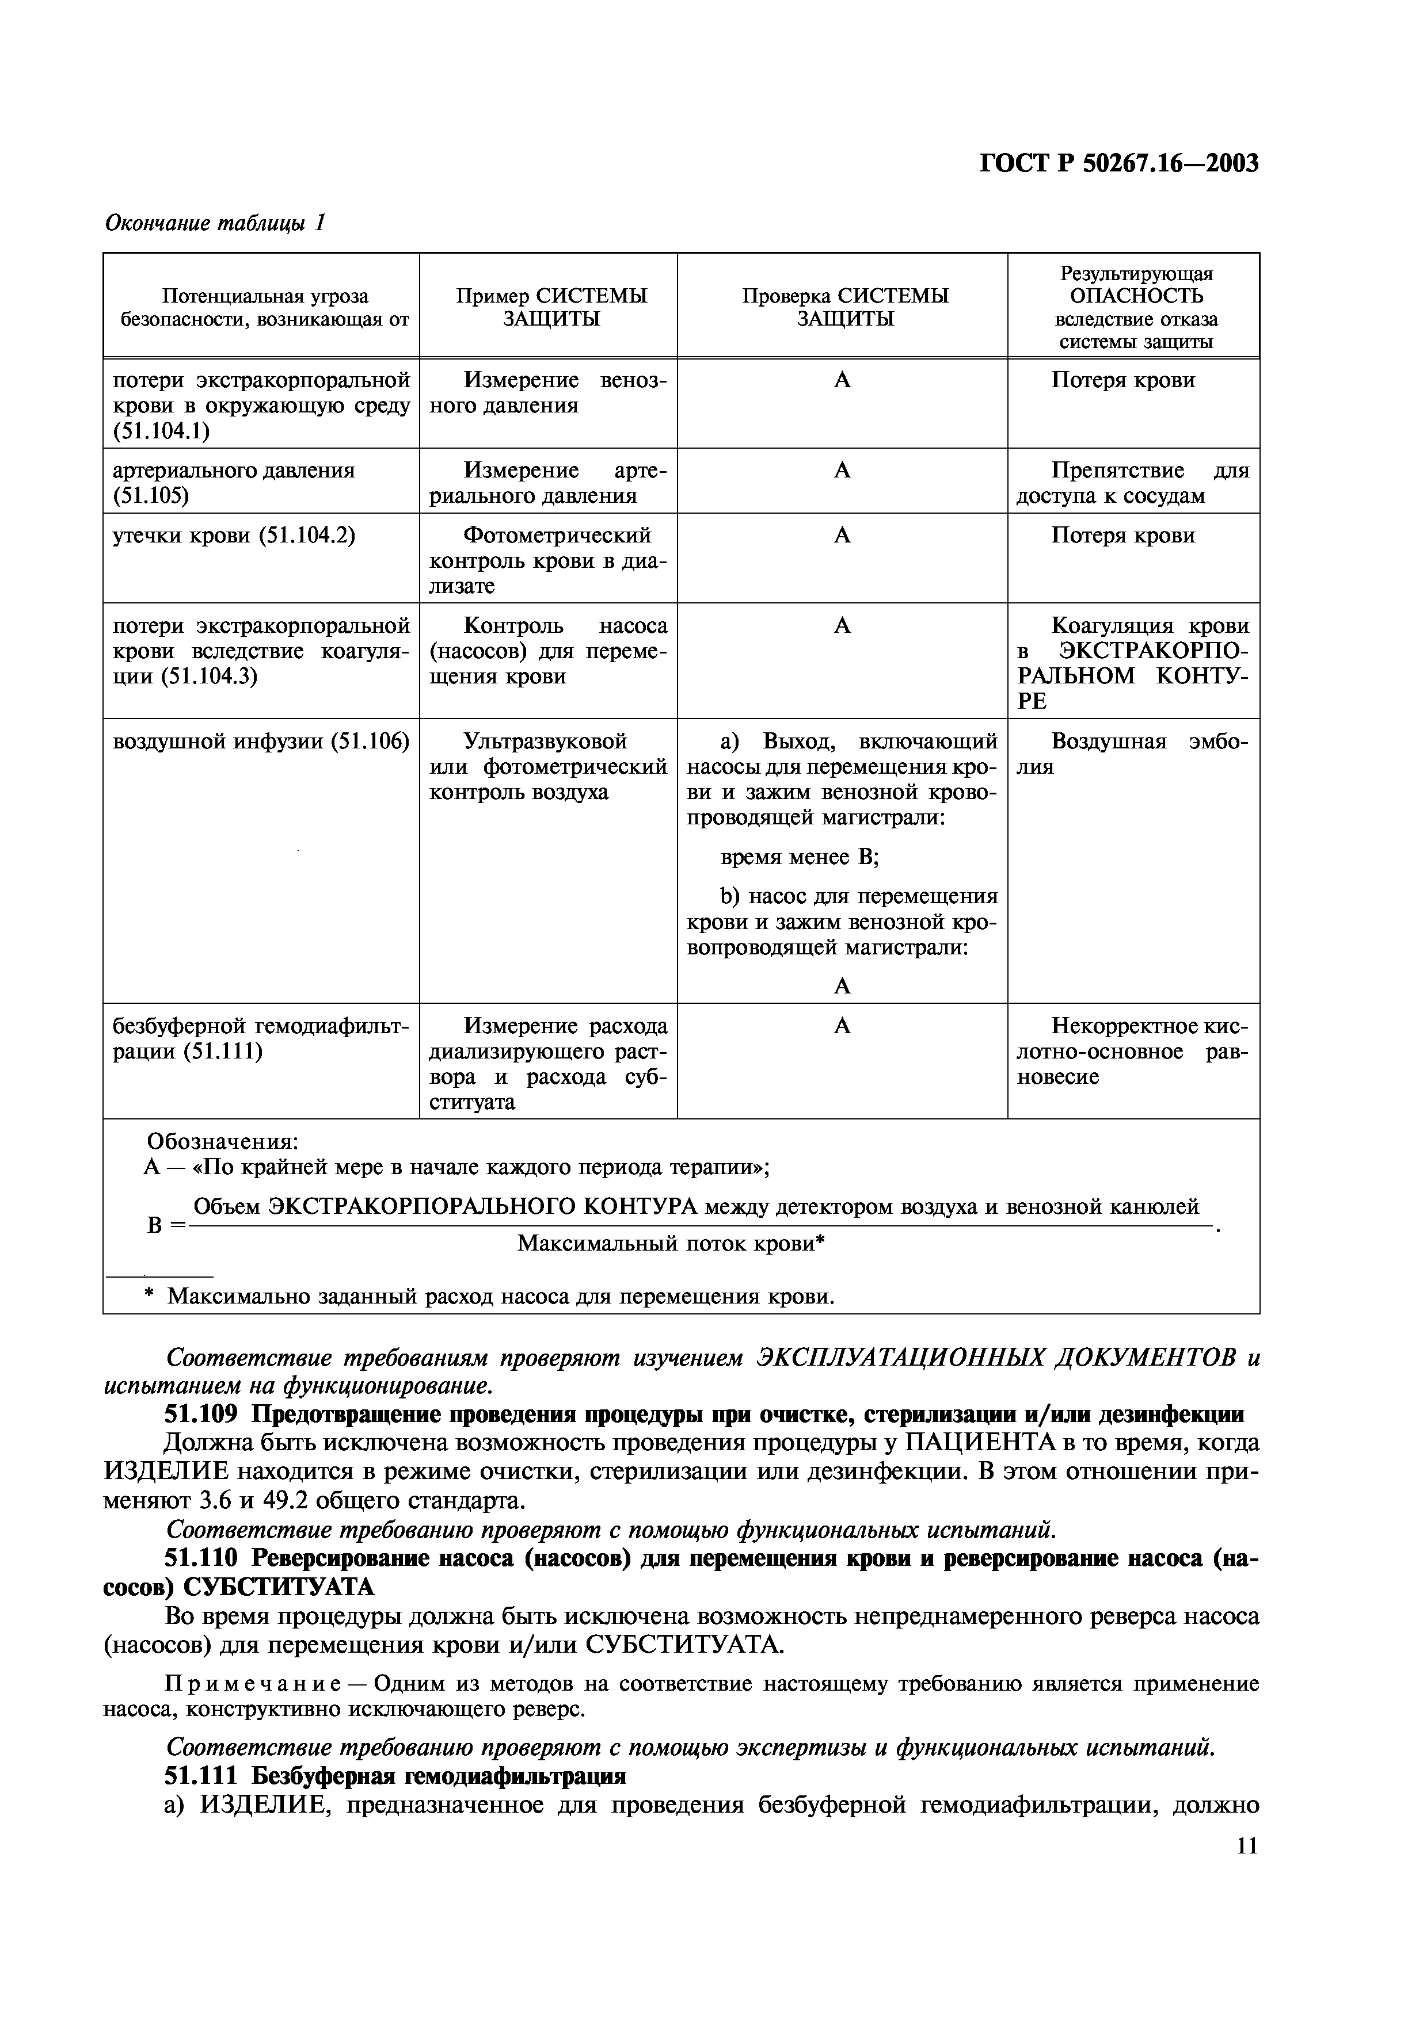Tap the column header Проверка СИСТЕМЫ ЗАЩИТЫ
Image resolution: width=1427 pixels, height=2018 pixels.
tap(844, 307)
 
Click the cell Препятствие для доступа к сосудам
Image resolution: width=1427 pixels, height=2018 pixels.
tap(1132, 483)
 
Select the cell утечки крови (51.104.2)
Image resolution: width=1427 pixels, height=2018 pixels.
tap(234, 535)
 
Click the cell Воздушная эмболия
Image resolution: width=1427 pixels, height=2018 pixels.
tap(1132, 753)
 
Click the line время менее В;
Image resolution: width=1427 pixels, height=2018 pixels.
tap(798, 857)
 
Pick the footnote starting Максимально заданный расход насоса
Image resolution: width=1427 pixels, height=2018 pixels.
tap(500, 1297)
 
